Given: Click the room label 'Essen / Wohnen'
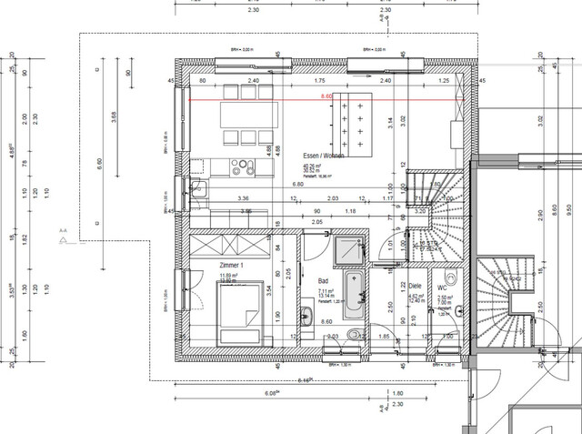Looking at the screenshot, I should (x=324, y=156).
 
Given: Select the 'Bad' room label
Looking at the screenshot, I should (x=323, y=281).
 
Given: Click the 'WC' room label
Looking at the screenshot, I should (x=442, y=287).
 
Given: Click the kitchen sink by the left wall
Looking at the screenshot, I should (x=200, y=188).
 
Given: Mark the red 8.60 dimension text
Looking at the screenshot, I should (x=326, y=95).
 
